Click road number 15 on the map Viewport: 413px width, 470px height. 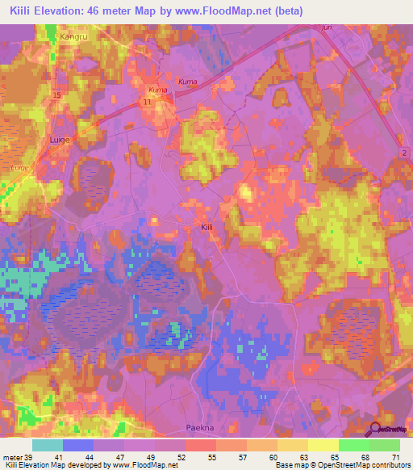56,96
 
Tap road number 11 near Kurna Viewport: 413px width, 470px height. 146,103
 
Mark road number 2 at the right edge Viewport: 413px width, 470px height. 400,152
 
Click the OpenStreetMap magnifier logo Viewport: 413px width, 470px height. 376,430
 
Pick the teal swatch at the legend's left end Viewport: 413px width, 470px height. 47,445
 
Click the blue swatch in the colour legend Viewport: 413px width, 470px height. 78,445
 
